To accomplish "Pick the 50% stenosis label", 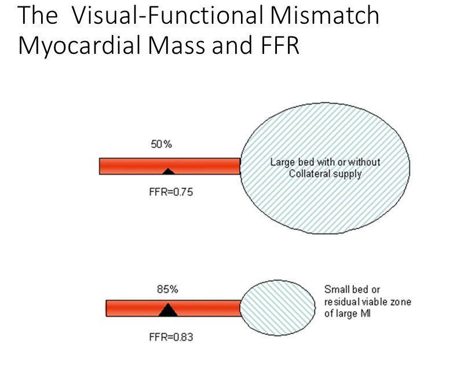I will coord(162,144).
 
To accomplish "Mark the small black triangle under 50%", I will coord(168,171).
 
